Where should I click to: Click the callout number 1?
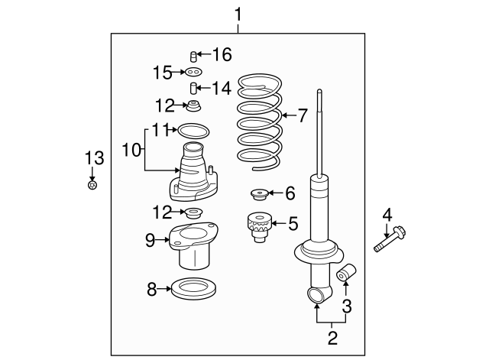tap(238, 14)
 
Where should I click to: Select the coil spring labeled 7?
tap(260, 122)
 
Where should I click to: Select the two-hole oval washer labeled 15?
tap(193, 72)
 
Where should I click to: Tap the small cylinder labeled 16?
tap(193, 55)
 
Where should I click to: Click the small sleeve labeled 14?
tap(194, 88)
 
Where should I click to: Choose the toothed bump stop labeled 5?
tap(257, 226)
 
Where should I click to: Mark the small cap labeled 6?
tap(258, 193)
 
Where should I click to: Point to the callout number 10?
tap(130, 151)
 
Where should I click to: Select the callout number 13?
tap(92, 158)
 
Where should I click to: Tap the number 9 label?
tap(150, 240)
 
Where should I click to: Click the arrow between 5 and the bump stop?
tap(277, 224)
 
